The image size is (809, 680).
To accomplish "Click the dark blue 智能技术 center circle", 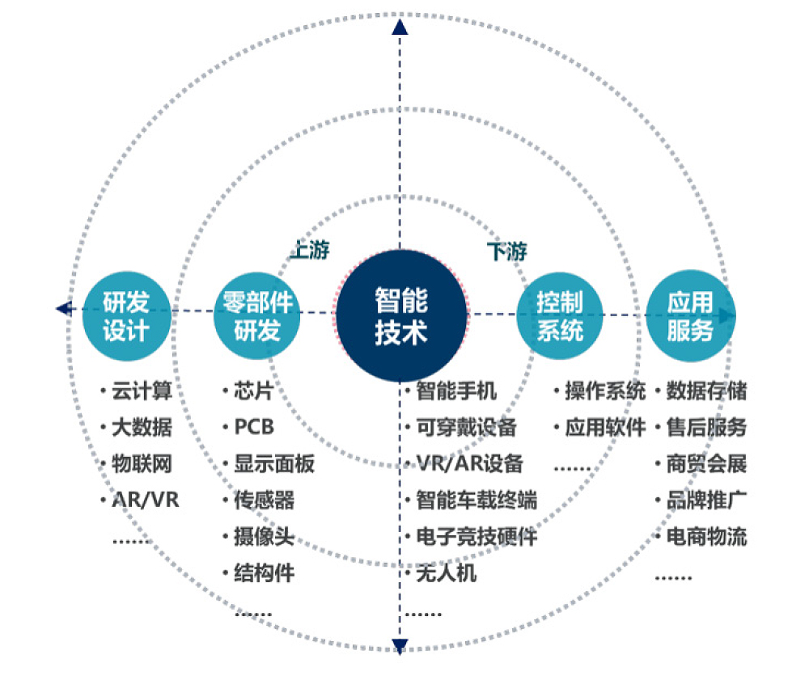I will tap(401, 315).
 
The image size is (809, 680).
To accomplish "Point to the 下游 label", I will tap(507, 251).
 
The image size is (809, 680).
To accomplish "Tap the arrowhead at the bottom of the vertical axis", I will tap(400, 644).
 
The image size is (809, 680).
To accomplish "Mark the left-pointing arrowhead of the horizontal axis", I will tap(62, 308).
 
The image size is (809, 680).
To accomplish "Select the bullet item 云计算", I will tap(141, 392).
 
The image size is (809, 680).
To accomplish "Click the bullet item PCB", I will tap(254, 427).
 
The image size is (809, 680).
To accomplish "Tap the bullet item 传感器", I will tap(264, 500).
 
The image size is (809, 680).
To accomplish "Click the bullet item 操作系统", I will tap(605, 391).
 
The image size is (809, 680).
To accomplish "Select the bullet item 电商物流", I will tap(705, 536).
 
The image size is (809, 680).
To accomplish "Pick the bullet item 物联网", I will tap(141, 464).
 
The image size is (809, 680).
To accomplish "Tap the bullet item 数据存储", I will tap(705, 391).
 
